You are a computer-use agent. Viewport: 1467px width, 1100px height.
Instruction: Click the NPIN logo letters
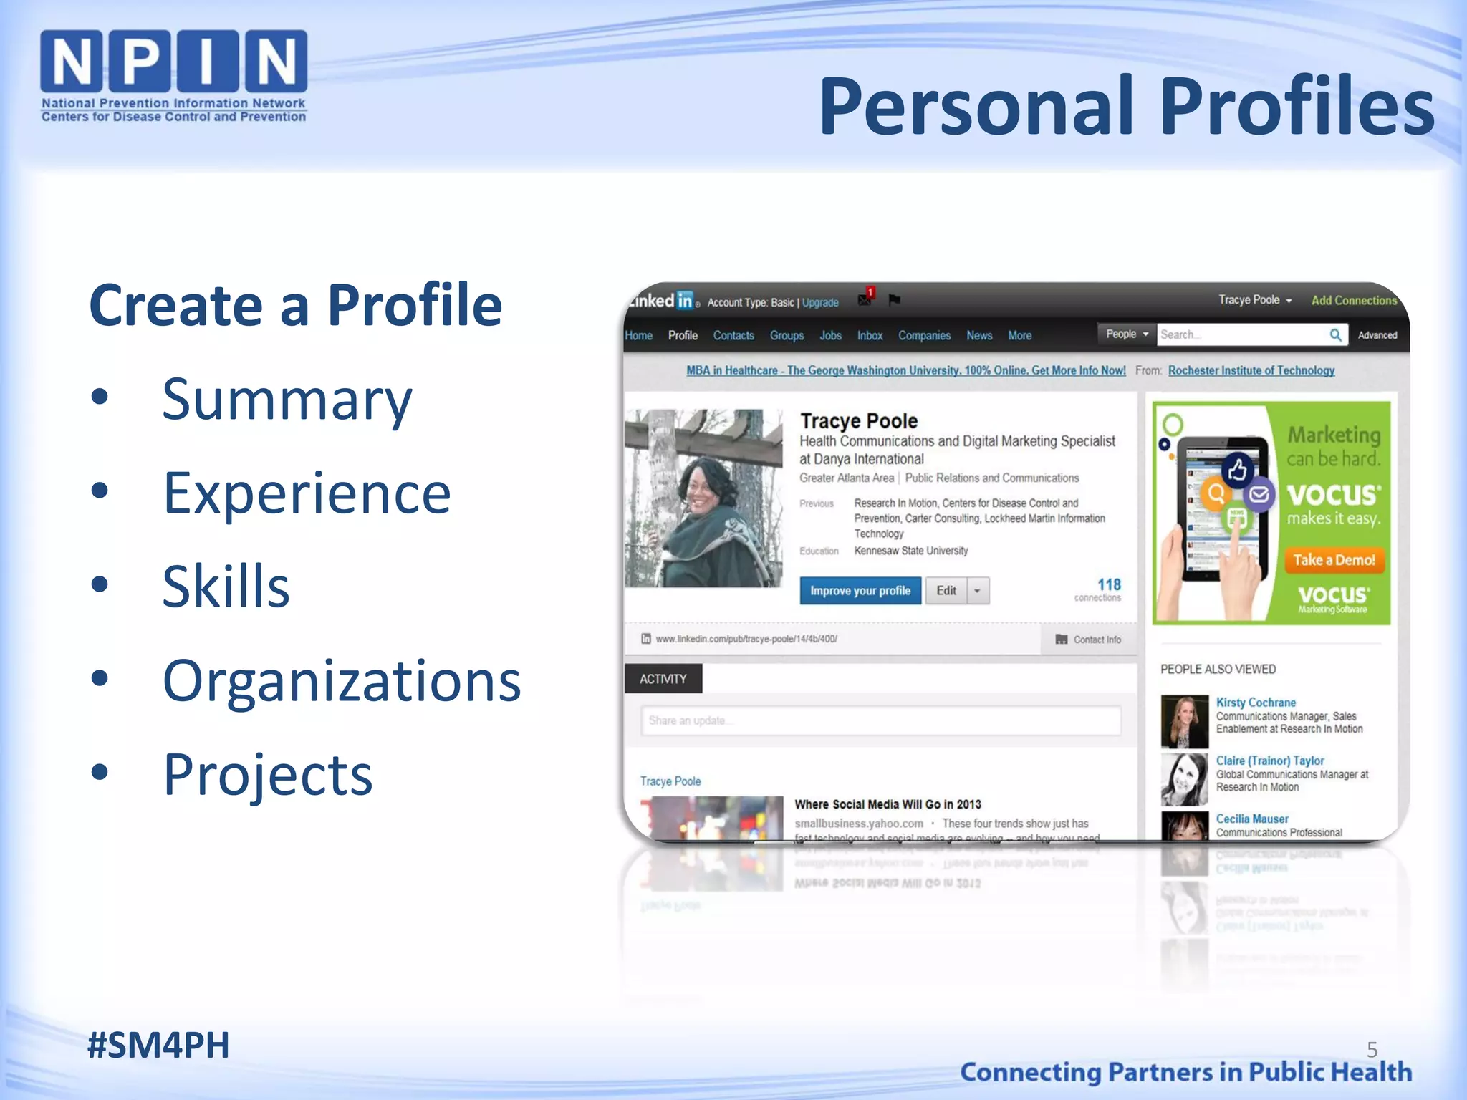(173, 62)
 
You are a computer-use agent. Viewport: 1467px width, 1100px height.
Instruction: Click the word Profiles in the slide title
(1297, 107)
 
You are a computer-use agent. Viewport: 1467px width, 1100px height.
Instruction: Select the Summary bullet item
(287, 400)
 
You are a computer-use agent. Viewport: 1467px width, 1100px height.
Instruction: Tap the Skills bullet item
(226, 587)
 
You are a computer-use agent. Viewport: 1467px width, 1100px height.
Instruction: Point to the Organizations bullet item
(342, 680)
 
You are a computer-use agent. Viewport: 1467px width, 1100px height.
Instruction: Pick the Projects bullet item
(267, 774)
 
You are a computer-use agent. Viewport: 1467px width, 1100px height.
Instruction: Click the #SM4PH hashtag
(158, 1045)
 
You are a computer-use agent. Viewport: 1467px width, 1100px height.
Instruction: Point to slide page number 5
(1372, 1050)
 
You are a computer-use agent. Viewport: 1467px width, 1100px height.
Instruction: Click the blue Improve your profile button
(860, 591)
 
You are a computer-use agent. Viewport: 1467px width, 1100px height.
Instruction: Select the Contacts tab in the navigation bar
(733, 335)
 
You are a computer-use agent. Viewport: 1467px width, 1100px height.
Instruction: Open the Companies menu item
(924, 335)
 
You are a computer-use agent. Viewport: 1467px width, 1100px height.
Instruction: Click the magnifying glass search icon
(1335, 334)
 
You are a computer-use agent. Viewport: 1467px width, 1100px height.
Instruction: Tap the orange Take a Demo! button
(1334, 560)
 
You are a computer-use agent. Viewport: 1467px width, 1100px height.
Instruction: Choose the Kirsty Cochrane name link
(1255, 703)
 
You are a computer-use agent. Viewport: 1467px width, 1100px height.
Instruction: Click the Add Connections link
(1354, 301)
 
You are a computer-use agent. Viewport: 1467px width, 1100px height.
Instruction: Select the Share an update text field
(881, 720)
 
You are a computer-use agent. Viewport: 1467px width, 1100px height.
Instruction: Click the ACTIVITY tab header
(663, 679)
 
